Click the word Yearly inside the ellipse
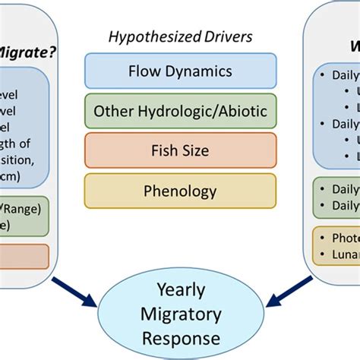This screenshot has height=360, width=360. (179, 290)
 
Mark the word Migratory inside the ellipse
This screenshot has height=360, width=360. (179, 314)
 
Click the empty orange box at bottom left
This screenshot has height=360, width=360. (23, 254)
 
